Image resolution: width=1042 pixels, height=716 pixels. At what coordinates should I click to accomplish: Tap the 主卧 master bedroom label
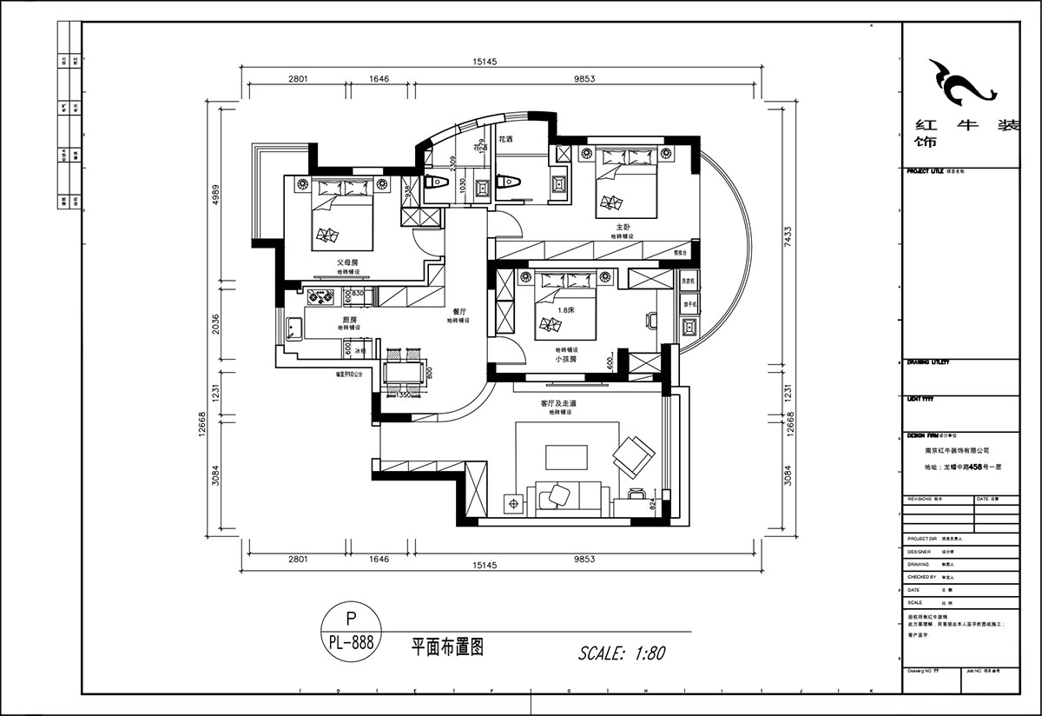coord(623,227)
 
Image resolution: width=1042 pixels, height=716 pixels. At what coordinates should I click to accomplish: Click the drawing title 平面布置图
coord(447,647)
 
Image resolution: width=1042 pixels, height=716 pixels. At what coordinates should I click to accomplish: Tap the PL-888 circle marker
coord(351,632)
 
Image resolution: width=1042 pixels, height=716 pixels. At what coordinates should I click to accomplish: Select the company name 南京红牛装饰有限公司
coord(957,451)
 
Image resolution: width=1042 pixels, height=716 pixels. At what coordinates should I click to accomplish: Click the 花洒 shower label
coord(505,139)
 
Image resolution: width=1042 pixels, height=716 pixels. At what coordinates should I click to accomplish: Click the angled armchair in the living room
coord(633,454)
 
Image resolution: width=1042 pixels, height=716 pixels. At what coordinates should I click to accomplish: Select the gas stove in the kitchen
coord(322,297)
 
